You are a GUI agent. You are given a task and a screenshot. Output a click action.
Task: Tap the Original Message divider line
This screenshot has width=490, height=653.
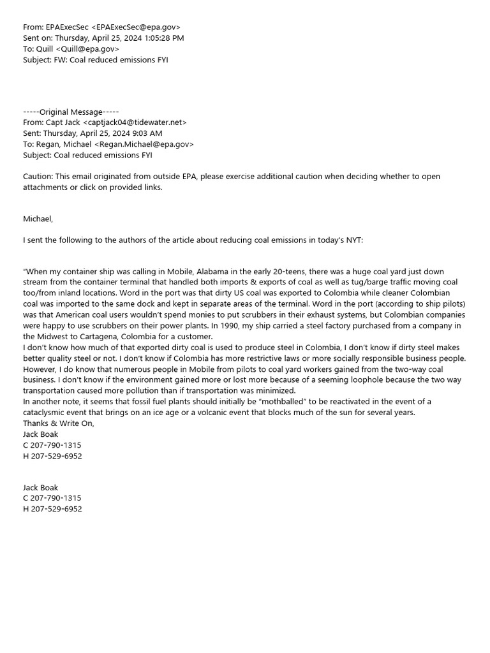click(71, 112)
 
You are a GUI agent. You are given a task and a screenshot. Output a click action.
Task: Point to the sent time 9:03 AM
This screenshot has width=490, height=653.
click(145, 133)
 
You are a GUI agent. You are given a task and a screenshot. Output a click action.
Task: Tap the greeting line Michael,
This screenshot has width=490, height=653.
click(38, 219)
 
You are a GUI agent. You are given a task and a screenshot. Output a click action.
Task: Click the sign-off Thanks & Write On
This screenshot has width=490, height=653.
click(58, 423)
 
